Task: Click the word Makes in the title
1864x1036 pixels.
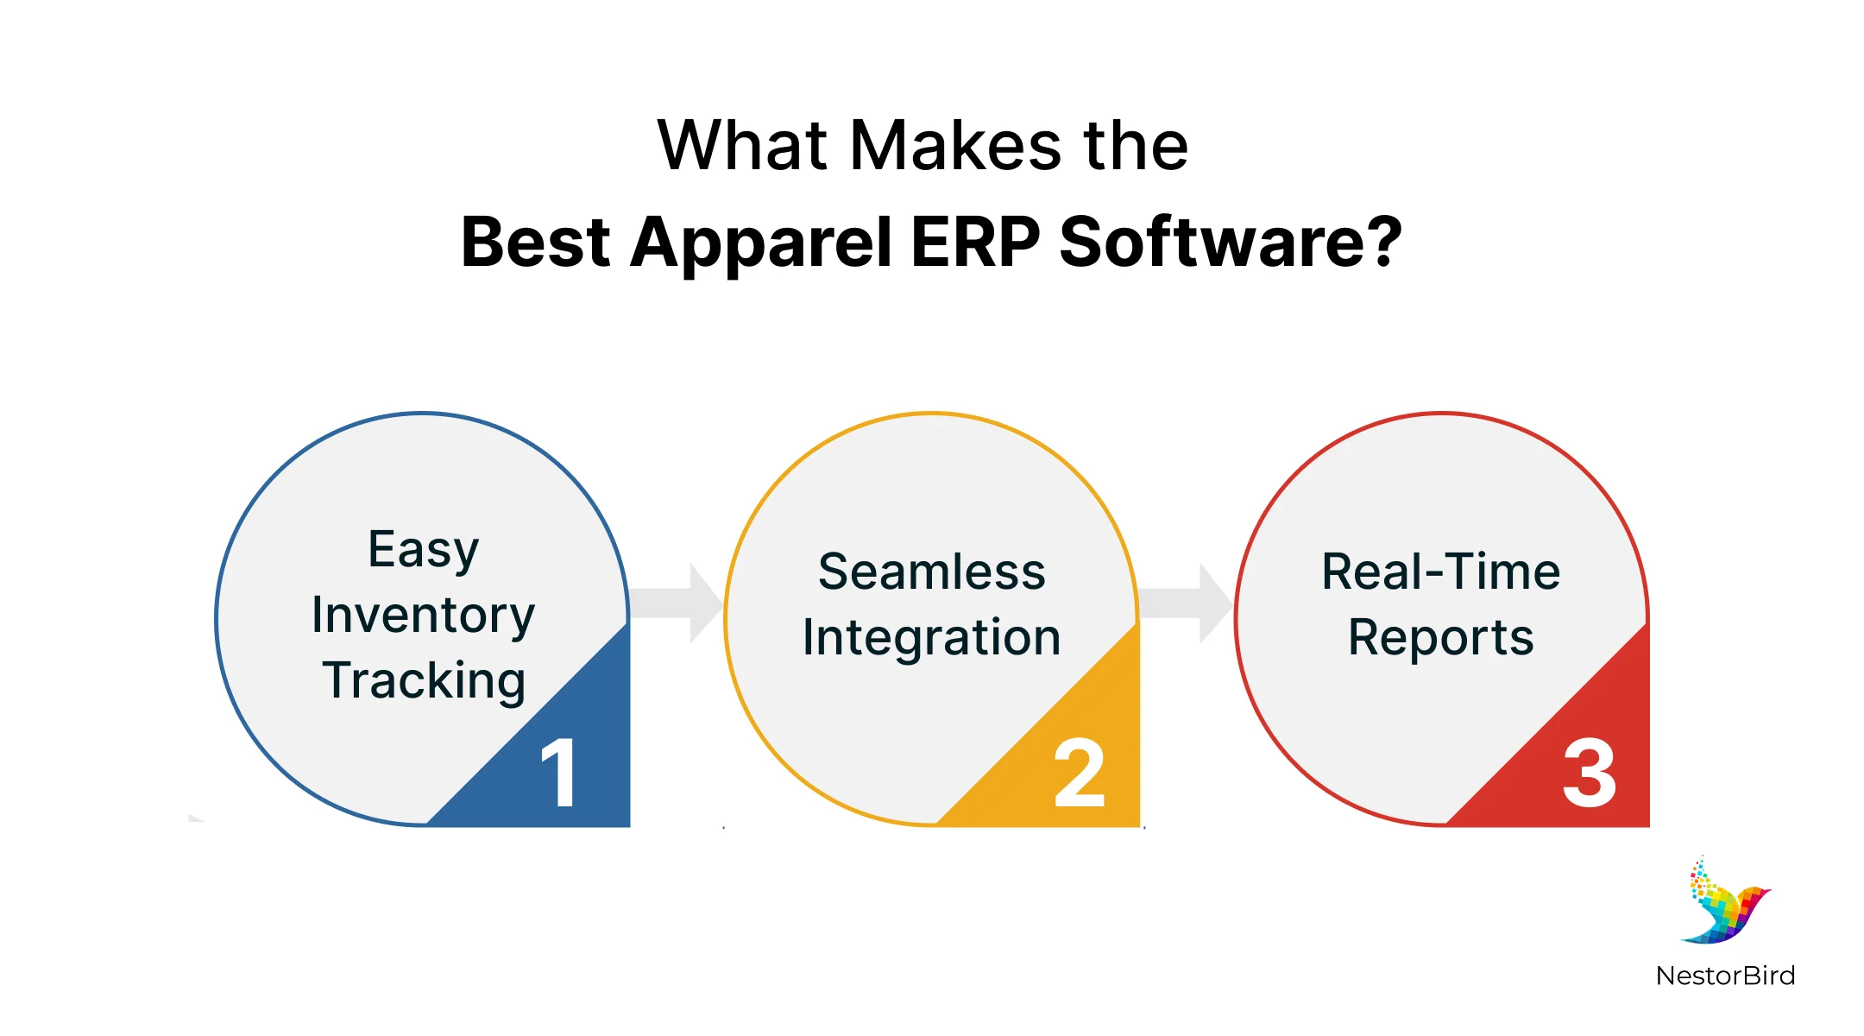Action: (x=955, y=146)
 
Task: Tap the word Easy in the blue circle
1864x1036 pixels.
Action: (x=423, y=551)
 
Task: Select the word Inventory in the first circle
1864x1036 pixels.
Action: (x=423, y=616)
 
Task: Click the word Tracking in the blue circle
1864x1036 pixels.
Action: (x=423, y=681)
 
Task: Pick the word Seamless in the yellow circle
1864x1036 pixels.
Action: (x=932, y=572)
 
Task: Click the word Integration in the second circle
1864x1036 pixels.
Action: (x=932, y=638)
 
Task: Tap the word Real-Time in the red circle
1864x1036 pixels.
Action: (x=1441, y=572)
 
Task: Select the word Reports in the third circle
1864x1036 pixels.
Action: (x=1441, y=638)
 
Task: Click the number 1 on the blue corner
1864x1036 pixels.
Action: (x=559, y=774)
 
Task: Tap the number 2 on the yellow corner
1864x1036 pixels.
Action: (x=1079, y=774)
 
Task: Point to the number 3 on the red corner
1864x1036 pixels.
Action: (x=1589, y=774)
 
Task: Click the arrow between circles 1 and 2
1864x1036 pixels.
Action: (x=677, y=603)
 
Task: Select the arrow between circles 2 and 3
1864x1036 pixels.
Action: (x=1187, y=603)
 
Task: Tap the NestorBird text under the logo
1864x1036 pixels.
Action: (x=1725, y=976)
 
